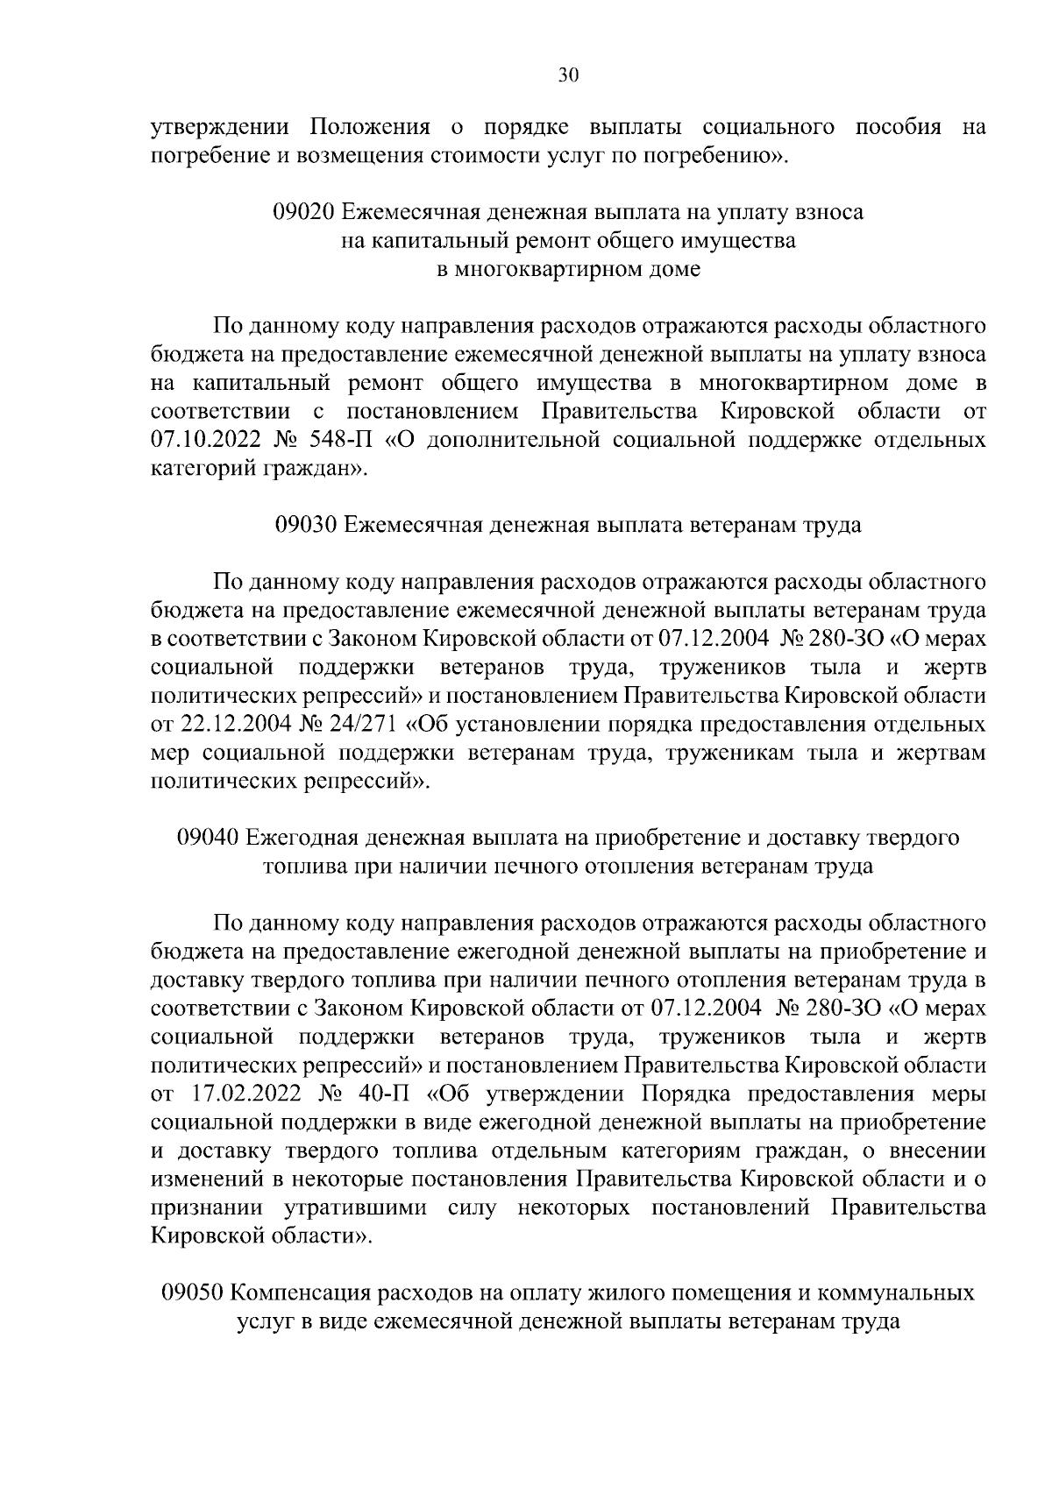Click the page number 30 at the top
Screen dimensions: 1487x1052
click(x=568, y=76)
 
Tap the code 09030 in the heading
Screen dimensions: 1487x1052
click(x=306, y=526)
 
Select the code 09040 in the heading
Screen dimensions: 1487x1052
click(x=208, y=839)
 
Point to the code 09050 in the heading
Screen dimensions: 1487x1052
click(x=195, y=1293)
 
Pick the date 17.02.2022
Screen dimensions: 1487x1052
click(x=244, y=1095)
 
